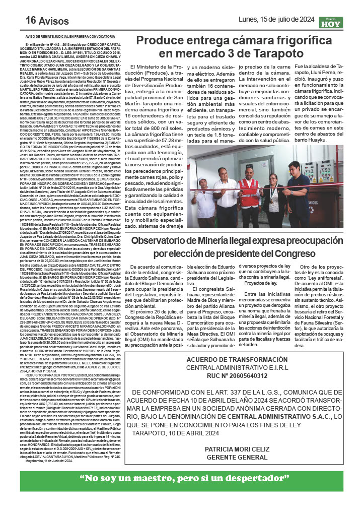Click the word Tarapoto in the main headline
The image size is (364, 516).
coord(278,53)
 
